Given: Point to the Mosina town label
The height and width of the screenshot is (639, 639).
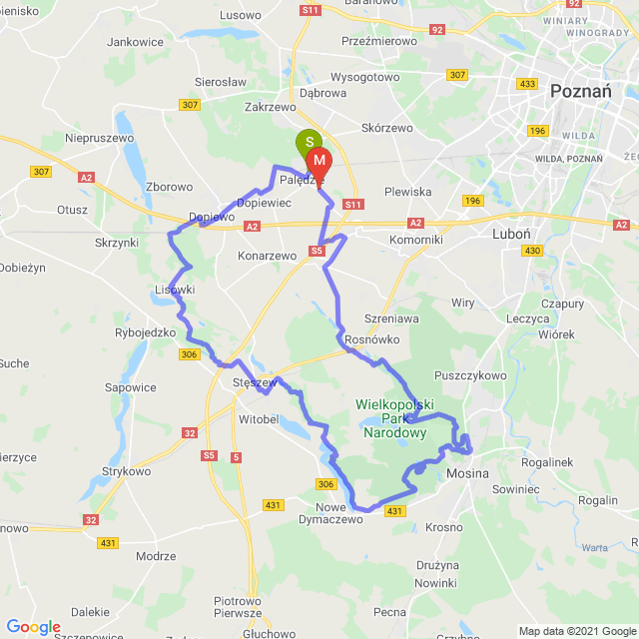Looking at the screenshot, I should click(468, 471).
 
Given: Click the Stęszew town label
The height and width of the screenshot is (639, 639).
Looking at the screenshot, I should click(254, 382).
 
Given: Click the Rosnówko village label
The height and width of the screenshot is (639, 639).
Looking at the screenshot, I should click(371, 339).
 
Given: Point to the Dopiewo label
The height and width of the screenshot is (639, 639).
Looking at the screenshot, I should click(211, 217).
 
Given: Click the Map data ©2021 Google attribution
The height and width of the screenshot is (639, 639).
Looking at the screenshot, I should click(575, 631).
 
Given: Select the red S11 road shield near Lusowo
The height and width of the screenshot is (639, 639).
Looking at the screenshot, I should click(310, 10).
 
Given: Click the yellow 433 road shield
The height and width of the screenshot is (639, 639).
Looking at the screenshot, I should click(528, 83).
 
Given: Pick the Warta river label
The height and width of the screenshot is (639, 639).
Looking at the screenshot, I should click(595, 547).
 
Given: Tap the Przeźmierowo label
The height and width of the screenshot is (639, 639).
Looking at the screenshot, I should click(378, 41).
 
